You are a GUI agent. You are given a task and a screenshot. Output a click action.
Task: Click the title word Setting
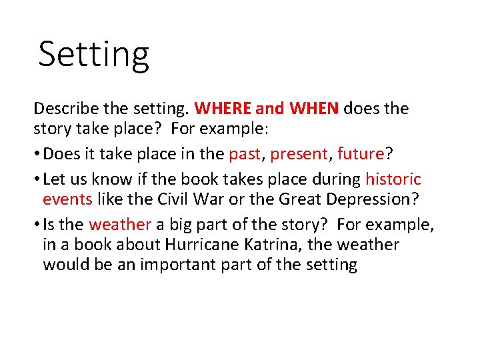93,55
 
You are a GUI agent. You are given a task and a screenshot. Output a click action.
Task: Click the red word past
243,154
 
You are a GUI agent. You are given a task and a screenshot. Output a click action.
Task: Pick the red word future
361,154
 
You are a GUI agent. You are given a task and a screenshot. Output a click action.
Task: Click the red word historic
393,180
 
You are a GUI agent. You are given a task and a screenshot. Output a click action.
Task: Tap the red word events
67,199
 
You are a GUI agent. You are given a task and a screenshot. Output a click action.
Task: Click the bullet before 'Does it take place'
37,154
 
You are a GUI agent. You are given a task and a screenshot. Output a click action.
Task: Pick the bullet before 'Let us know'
37,180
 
